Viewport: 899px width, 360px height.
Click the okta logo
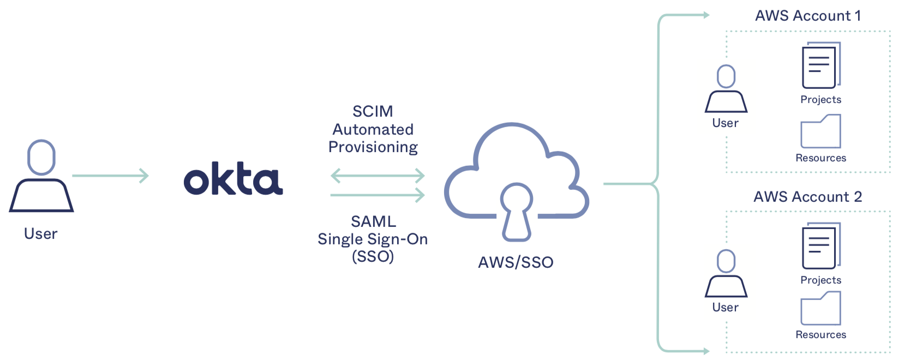233,179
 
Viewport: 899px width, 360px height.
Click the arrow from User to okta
110,176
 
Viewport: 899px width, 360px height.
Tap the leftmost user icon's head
41,157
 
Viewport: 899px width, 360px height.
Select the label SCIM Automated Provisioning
373,129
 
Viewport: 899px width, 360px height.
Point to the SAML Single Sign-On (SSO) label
373,239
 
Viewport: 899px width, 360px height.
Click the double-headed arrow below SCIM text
377,176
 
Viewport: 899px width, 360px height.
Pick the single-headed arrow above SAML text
377,195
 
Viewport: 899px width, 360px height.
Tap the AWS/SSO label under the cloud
516,262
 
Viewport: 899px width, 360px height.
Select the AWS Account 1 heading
808,16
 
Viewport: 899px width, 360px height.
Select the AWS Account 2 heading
807,197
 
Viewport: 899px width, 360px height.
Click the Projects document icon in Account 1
820,66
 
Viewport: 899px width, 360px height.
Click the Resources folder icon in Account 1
820,131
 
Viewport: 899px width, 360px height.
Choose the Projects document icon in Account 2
820,247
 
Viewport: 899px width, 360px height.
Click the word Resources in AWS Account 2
820,335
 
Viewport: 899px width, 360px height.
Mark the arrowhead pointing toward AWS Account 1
706,15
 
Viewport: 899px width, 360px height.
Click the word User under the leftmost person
41,234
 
